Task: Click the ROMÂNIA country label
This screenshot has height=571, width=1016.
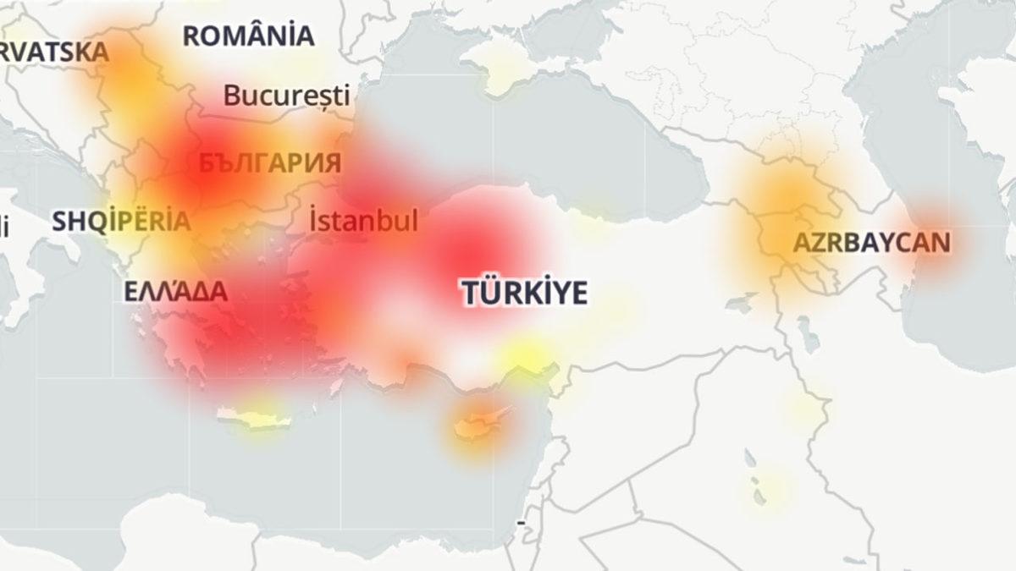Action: [248, 36]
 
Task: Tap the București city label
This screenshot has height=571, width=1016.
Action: [286, 96]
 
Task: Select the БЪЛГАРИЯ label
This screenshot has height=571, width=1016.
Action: [270, 163]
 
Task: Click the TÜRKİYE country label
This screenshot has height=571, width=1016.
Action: [525, 293]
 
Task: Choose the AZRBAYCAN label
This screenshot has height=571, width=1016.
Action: [871, 244]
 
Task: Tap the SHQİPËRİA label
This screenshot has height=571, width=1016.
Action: [121, 222]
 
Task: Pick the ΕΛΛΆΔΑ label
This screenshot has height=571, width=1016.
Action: [175, 293]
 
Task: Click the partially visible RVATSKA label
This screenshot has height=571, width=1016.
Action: [55, 52]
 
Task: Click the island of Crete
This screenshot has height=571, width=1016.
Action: [254, 418]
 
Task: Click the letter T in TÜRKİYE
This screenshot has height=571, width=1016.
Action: [471, 293]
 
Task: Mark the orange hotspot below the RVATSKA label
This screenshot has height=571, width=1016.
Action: [127, 85]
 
